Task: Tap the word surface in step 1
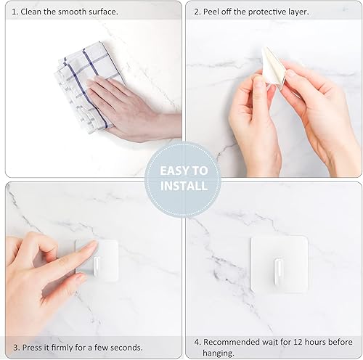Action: coord(106,12)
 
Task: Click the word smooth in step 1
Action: coord(74,12)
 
